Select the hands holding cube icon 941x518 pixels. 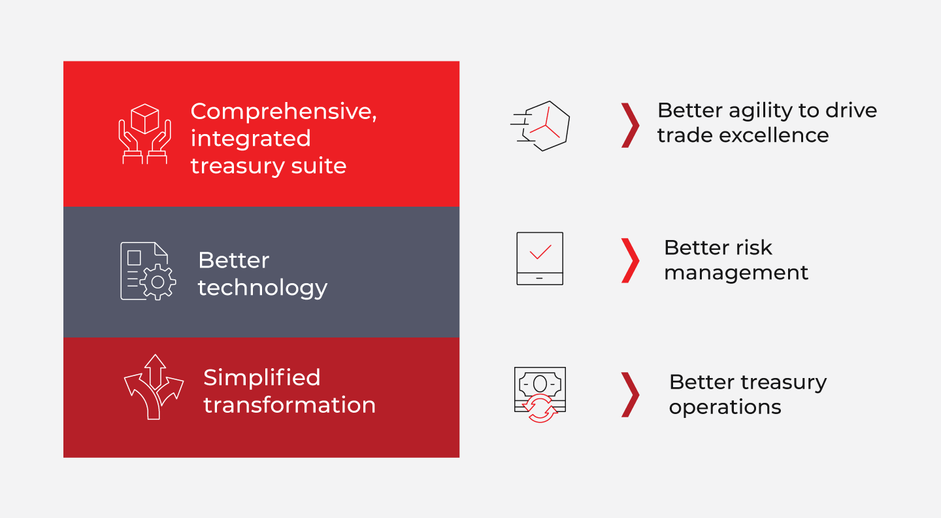click(144, 133)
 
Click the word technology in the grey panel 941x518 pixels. click(263, 288)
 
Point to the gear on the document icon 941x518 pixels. click(158, 282)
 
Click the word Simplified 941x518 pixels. click(261, 378)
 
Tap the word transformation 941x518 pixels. click(289, 405)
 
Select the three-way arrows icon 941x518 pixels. click(154, 387)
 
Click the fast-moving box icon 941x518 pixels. click(540, 126)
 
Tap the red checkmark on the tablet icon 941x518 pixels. click(540, 252)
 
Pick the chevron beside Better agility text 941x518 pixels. click(630, 126)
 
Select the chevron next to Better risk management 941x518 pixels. click(630, 261)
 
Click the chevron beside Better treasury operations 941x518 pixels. click(630, 395)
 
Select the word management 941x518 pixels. click(736, 273)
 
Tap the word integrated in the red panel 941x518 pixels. click(251, 139)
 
